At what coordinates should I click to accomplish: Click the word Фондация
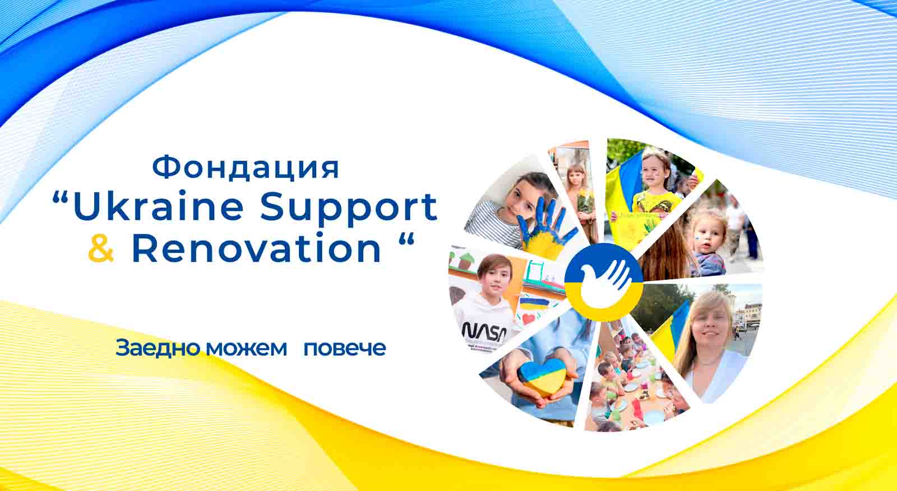click(246, 168)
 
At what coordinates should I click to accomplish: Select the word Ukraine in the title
click(158, 207)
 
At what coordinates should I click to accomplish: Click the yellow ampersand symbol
click(101, 248)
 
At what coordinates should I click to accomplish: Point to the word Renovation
click(256, 248)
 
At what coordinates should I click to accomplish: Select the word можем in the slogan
click(246, 349)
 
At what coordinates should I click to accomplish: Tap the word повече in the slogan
click(345, 349)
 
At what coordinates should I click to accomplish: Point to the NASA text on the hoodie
click(484, 331)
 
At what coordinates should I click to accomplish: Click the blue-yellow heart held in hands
click(542, 377)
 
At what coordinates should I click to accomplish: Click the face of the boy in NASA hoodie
click(496, 277)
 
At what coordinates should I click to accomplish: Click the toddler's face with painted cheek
click(709, 238)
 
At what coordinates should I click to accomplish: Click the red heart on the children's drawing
click(529, 319)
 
